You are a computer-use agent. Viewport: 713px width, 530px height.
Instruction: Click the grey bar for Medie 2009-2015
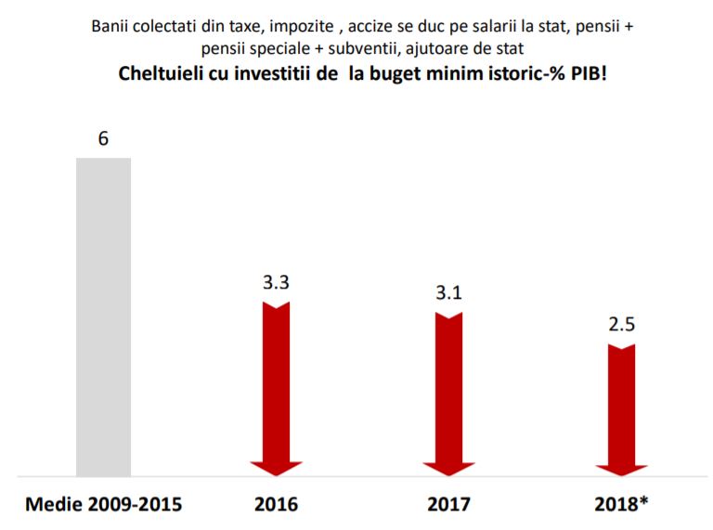pyautogui.click(x=103, y=316)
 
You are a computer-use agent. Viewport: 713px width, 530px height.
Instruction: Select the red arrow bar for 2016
pyautogui.click(x=276, y=381)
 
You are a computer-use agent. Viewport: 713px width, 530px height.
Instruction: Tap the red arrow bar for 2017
pyautogui.click(x=448, y=385)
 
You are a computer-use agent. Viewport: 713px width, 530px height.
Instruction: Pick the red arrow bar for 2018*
pyautogui.click(x=621, y=404)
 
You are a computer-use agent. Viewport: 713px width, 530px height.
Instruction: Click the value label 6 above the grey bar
pyautogui.click(x=103, y=139)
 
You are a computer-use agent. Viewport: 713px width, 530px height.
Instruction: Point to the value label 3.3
pyautogui.click(x=276, y=283)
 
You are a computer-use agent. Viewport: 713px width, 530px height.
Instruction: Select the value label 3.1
pyautogui.click(x=448, y=293)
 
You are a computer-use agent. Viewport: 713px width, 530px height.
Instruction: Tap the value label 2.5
pyautogui.click(x=621, y=326)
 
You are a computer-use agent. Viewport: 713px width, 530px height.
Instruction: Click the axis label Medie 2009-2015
pyautogui.click(x=103, y=505)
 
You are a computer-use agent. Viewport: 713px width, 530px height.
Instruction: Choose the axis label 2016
pyautogui.click(x=276, y=505)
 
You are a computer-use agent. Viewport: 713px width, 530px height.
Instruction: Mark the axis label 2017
pyautogui.click(x=448, y=505)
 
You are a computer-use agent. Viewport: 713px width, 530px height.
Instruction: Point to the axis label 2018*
pyautogui.click(x=621, y=505)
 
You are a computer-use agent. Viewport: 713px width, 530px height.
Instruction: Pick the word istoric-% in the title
pyautogui.click(x=517, y=73)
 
